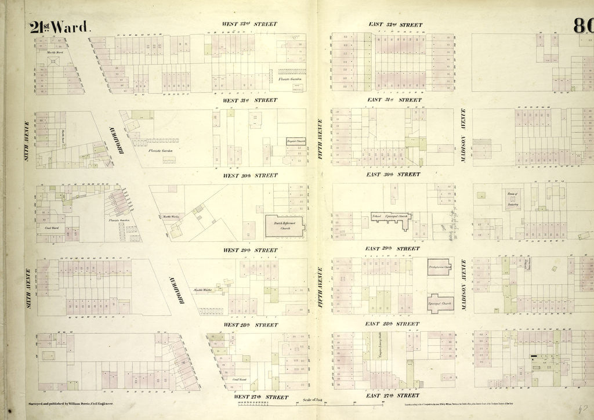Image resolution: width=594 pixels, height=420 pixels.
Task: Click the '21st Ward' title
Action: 60,27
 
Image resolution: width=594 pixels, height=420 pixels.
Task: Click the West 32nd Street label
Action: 249,24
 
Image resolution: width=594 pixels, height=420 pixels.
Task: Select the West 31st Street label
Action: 250,100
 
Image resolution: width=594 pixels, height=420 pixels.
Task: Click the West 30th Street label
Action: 250,175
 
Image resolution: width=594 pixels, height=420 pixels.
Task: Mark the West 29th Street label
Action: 250,250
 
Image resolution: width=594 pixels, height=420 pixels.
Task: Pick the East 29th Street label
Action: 392,248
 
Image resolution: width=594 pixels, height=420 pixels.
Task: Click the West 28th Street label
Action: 250,325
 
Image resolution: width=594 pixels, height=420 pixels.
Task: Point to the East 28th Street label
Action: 392,324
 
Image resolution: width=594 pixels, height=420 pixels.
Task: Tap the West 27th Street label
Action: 260,397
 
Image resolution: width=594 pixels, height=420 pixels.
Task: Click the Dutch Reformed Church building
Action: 285,226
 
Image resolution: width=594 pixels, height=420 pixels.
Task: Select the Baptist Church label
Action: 295,141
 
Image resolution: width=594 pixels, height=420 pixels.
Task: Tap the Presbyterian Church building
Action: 440,267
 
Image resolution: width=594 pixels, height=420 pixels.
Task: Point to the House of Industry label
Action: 512,201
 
